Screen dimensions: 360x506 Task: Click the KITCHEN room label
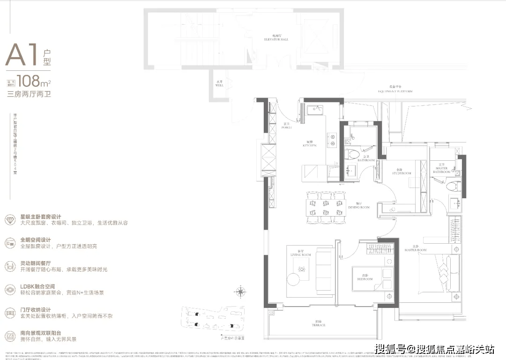[x=309, y=144]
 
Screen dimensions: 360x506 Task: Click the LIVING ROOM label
[x=301, y=254]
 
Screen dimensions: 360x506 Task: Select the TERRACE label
[x=320, y=323]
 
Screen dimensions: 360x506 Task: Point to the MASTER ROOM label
[x=416, y=249]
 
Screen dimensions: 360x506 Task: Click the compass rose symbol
[x=240, y=292]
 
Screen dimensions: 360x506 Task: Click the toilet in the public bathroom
[x=354, y=153]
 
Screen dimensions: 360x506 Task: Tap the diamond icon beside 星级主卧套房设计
[x=10, y=219]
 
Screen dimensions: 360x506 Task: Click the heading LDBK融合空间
[x=38, y=286]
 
